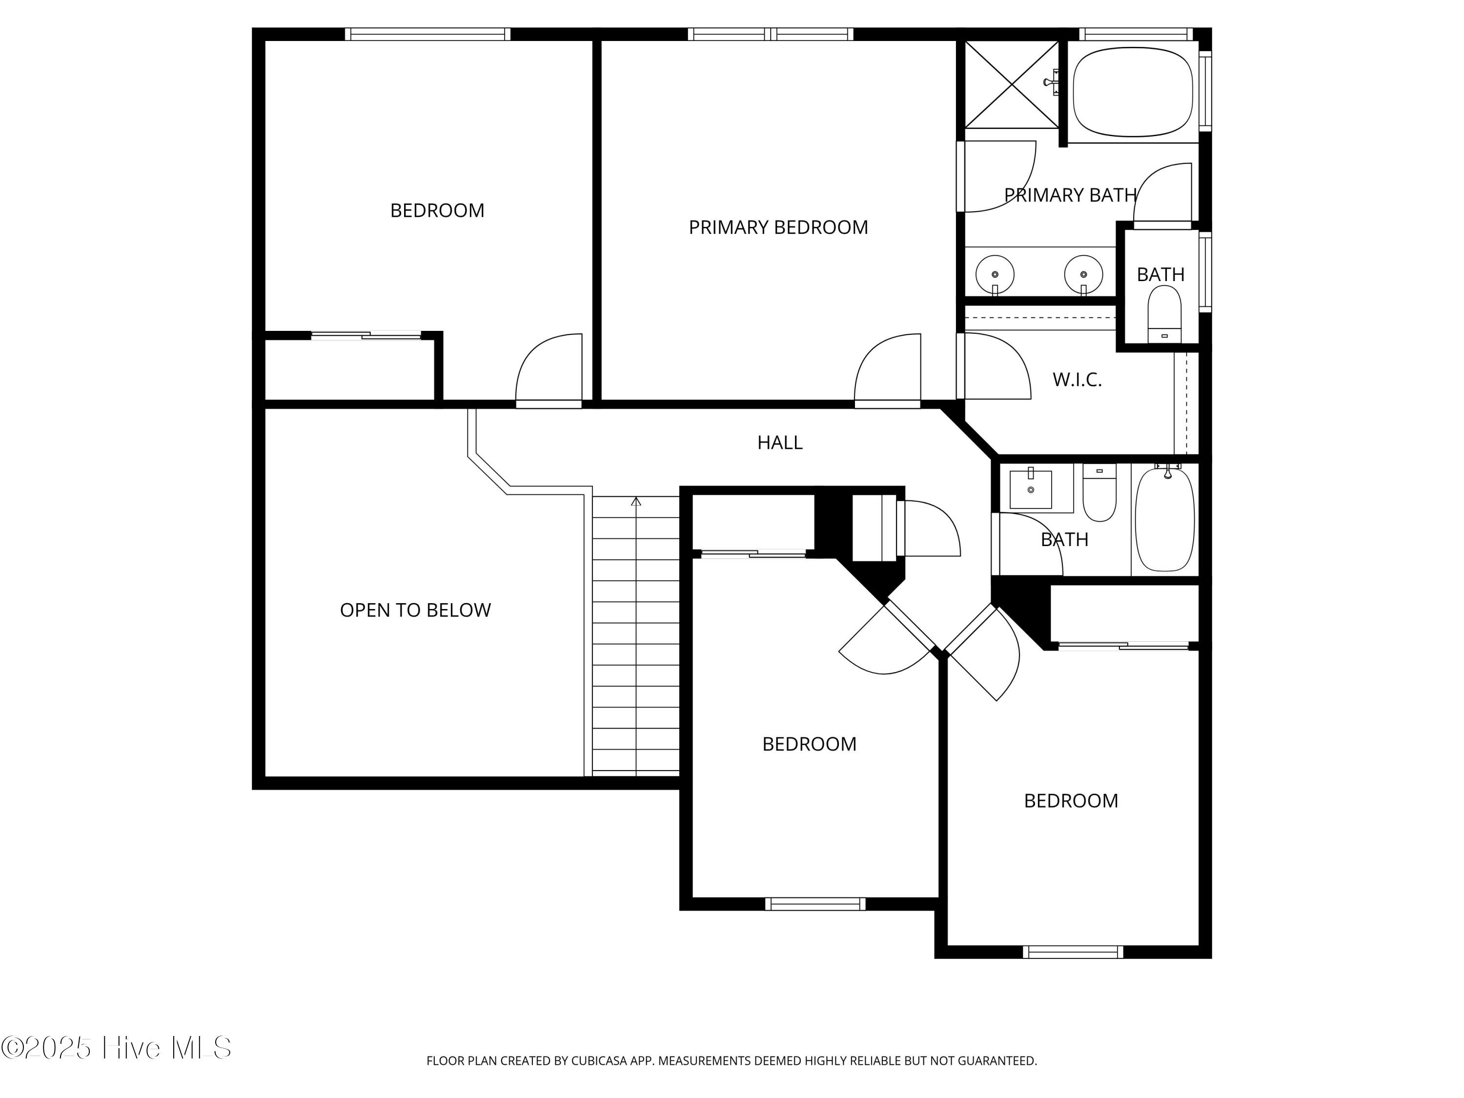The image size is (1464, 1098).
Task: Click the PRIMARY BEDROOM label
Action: (778, 227)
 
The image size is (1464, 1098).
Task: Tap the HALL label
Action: (780, 442)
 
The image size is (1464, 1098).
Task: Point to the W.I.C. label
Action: (1077, 379)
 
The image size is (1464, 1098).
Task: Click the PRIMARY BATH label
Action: (1070, 195)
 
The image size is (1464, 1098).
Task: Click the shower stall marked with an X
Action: (1011, 84)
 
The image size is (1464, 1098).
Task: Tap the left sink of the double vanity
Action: (995, 274)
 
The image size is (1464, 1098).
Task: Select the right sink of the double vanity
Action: (1083, 274)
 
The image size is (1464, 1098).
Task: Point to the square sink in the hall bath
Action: (1031, 488)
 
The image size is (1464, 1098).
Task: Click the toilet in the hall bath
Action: (1099, 492)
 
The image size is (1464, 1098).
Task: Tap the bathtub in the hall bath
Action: (1165, 518)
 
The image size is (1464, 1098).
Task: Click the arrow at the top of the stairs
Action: (636, 501)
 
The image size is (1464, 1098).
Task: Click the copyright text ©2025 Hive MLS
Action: (117, 1048)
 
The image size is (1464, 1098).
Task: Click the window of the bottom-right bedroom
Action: (1073, 952)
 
